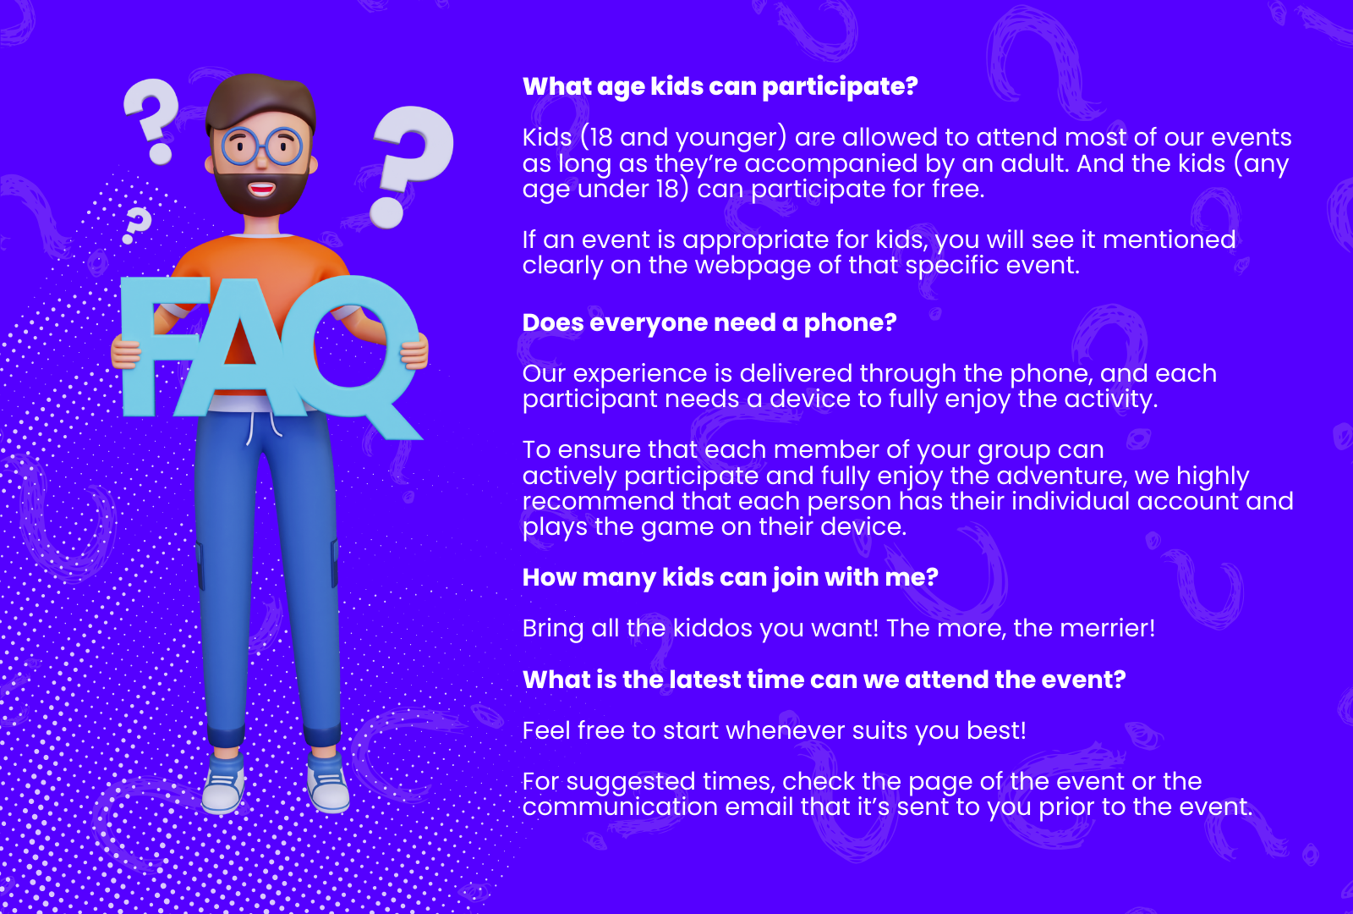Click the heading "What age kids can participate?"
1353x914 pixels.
pos(720,87)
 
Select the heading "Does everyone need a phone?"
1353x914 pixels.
pos(709,322)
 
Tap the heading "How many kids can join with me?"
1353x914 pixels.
pos(731,578)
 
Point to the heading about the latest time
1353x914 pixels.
pos(824,680)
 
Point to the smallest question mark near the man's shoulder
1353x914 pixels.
pos(136,225)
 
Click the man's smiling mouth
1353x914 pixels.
pos(262,189)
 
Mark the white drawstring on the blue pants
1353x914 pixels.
pos(263,427)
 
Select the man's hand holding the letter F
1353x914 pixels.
pos(126,353)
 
